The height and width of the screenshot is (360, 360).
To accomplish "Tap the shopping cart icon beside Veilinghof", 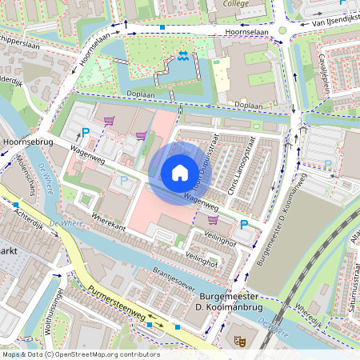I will pos(213,219).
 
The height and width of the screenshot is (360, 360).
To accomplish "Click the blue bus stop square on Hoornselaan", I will pos(162,27).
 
